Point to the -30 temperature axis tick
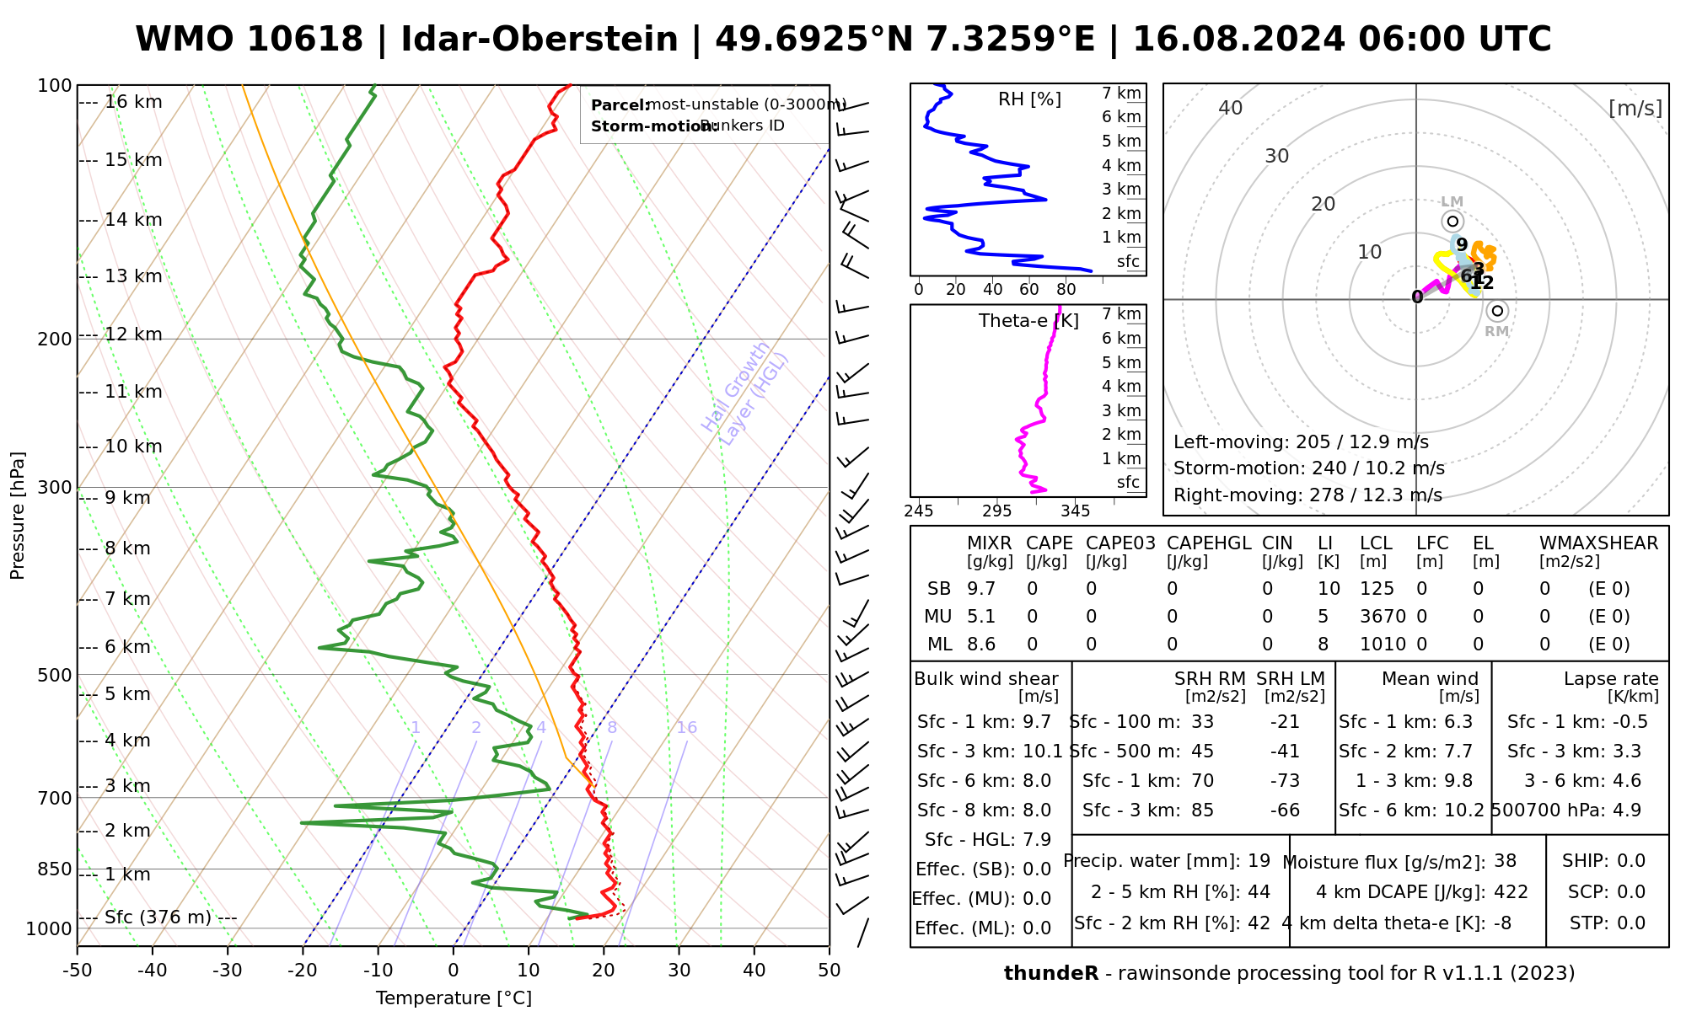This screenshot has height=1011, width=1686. click(228, 971)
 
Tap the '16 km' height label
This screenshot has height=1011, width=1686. click(133, 102)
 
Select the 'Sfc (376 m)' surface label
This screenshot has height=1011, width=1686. click(158, 917)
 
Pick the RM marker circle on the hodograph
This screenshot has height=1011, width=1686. click(1497, 311)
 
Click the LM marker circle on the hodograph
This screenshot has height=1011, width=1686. click(1452, 222)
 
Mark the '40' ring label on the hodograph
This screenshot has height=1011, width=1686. click(1231, 108)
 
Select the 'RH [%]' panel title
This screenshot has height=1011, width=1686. click(1029, 99)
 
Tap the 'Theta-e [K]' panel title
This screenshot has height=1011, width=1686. click(1028, 321)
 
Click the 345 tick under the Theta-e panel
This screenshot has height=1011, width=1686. click(1075, 511)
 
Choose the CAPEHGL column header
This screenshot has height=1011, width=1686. click(1208, 543)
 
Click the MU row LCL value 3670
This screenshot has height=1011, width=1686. click(1383, 617)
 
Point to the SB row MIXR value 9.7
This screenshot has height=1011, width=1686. click(981, 589)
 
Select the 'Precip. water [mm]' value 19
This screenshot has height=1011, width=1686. click(1259, 861)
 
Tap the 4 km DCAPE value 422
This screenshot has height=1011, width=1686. click(1511, 892)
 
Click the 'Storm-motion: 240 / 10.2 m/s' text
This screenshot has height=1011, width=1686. click(1308, 468)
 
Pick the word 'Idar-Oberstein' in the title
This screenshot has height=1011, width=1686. click(540, 40)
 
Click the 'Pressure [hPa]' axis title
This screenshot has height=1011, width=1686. click(18, 516)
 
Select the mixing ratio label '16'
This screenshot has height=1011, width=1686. click(686, 728)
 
